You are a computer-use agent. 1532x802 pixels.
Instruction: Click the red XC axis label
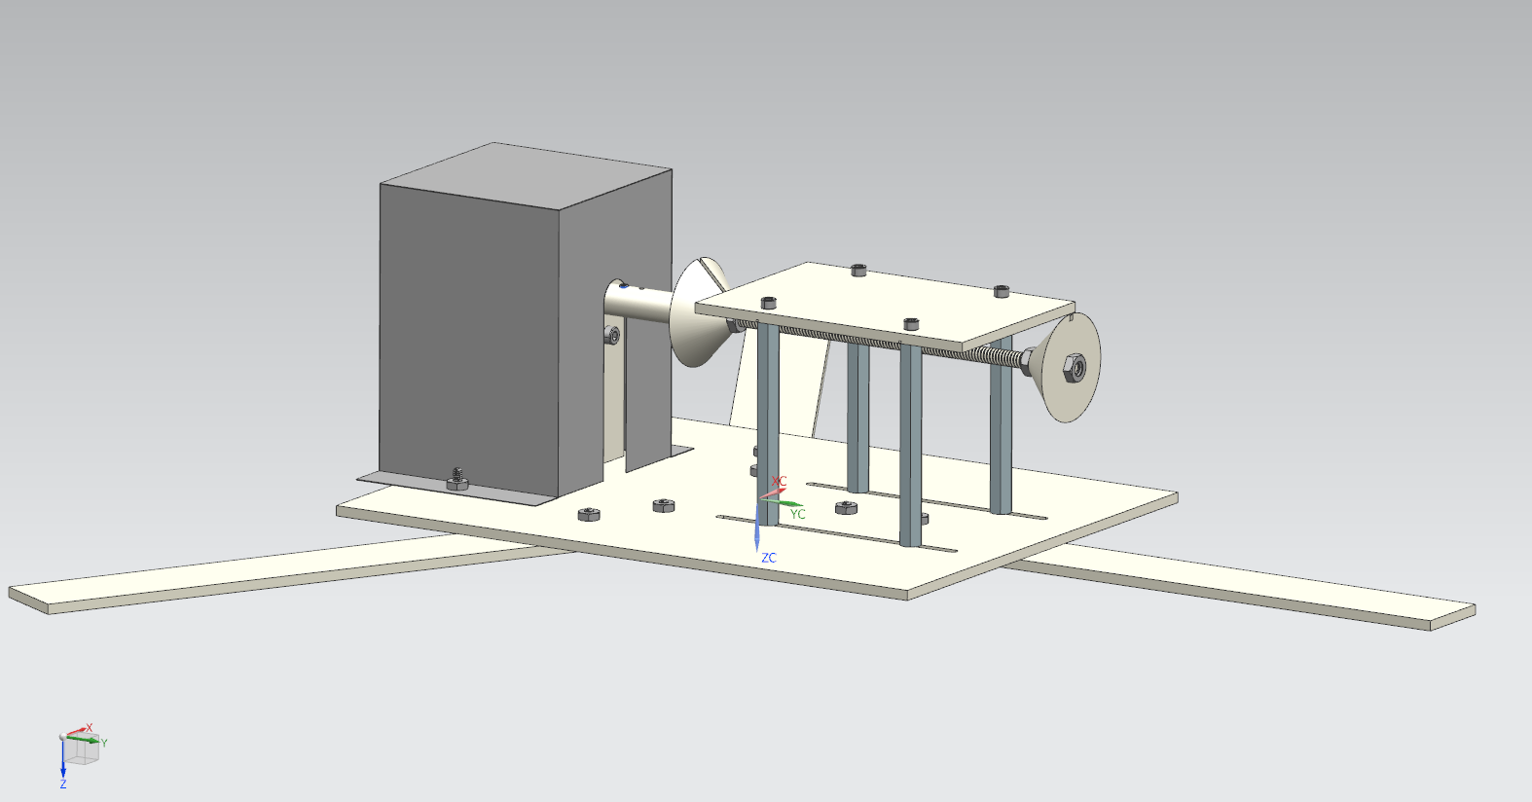[779, 482]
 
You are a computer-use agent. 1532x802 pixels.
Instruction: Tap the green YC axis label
[797, 514]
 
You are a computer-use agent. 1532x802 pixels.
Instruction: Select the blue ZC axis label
[769, 558]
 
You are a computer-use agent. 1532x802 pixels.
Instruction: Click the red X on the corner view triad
[89, 728]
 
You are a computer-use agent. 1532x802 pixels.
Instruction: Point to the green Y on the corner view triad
[104, 743]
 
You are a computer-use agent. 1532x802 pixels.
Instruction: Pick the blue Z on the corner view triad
[63, 784]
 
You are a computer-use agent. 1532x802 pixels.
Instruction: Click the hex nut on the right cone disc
[1074, 369]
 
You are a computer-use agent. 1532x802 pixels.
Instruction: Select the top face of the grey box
[526, 175]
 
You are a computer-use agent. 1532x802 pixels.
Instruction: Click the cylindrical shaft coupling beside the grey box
[639, 301]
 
